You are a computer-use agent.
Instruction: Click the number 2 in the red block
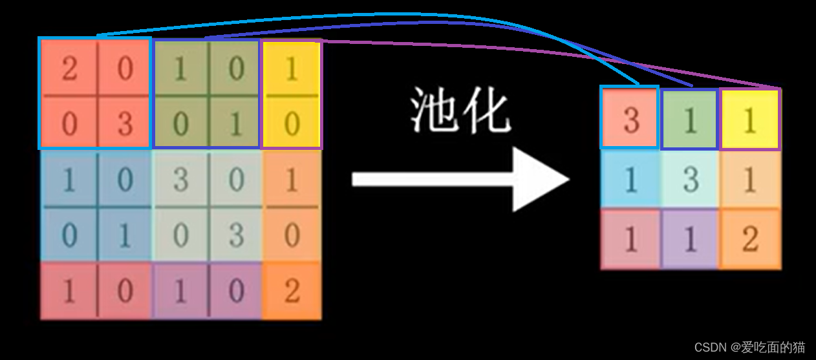pyautogui.click(x=69, y=68)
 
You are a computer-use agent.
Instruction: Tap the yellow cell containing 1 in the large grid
pyautogui.click(x=292, y=69)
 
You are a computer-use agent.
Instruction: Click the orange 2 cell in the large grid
pyautogui.click(x=292, y=291)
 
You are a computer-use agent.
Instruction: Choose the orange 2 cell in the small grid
pyautogui.click(x=750, y=239)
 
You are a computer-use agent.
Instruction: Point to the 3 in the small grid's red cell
pyautogui.click(x=630, y=120)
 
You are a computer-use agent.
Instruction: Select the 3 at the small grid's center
pyautogui.click(x=691, y=179)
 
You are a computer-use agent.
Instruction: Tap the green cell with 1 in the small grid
pyautogui.click(x=691, y=120)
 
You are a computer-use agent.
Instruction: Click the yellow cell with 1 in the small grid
pyautogui.click(x=750, y=120)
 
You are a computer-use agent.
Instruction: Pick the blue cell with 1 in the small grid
pyautogui.click(x=630, y=179)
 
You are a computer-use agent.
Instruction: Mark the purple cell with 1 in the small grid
pyautogui.click(x=691, y=239)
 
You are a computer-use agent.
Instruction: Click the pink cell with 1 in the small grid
pyautogui.click(x=630, y=239)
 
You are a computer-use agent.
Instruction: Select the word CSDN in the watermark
pyautogui.click(x=711, y=348)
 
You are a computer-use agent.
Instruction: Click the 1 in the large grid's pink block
pyautogui.click(x=69, y=291)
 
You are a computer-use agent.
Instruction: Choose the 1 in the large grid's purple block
pyautogui.click(x=180, y=291)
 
